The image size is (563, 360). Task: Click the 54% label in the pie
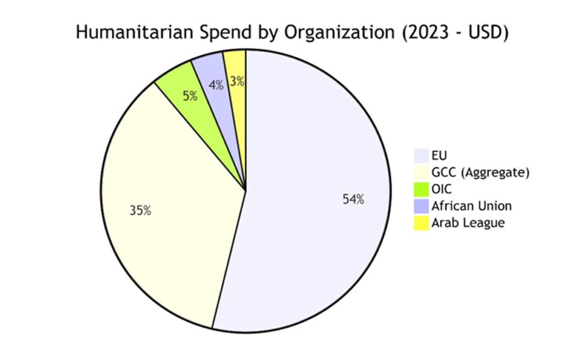pos(353,200)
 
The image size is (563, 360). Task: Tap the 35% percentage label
pos(140,210)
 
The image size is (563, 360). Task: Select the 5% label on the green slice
pos(190,96)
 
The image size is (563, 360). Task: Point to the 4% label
pos(216,85)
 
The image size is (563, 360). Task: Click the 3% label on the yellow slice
pos(237,82)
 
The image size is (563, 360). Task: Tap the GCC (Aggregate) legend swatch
pos(421,173)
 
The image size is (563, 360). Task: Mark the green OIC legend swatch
pos(421,190)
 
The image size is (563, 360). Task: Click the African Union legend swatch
pos(421,206)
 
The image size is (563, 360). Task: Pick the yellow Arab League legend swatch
pos(421,223)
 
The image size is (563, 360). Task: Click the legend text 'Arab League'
pos(468,223)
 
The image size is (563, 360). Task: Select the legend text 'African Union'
pos(472,206)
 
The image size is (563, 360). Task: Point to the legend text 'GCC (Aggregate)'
pos(481,173)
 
